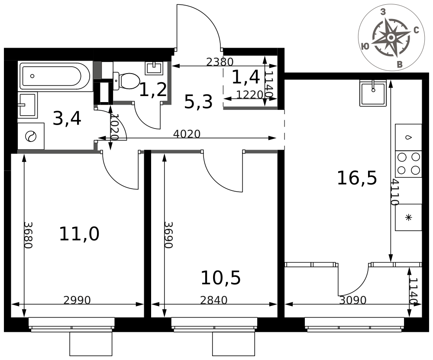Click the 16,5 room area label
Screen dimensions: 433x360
[x=357, y=178]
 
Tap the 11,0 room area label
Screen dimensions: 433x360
[x=79, y=234]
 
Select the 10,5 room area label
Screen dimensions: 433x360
[x=221, y=278]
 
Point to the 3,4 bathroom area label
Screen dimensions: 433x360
[x=67, y=119]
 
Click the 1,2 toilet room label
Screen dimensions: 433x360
[x=153, y=90]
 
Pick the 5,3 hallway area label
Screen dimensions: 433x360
[x=198, y=102]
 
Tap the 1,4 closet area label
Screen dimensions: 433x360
[x=246, y=77]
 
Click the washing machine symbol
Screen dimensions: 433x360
[x=31, y=136]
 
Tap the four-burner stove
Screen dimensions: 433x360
[x=408, y=164]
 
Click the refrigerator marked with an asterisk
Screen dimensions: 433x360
[x=408, y=217]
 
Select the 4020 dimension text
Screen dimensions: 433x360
[x=187, y=134]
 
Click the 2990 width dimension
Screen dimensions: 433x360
[x=77, y=300]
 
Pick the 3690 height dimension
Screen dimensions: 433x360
[x=168, y=235]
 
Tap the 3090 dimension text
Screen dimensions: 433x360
[x=352, y=300]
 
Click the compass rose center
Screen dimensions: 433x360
[x=391, y=38]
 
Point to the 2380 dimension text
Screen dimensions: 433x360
[x=220, y=62]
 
